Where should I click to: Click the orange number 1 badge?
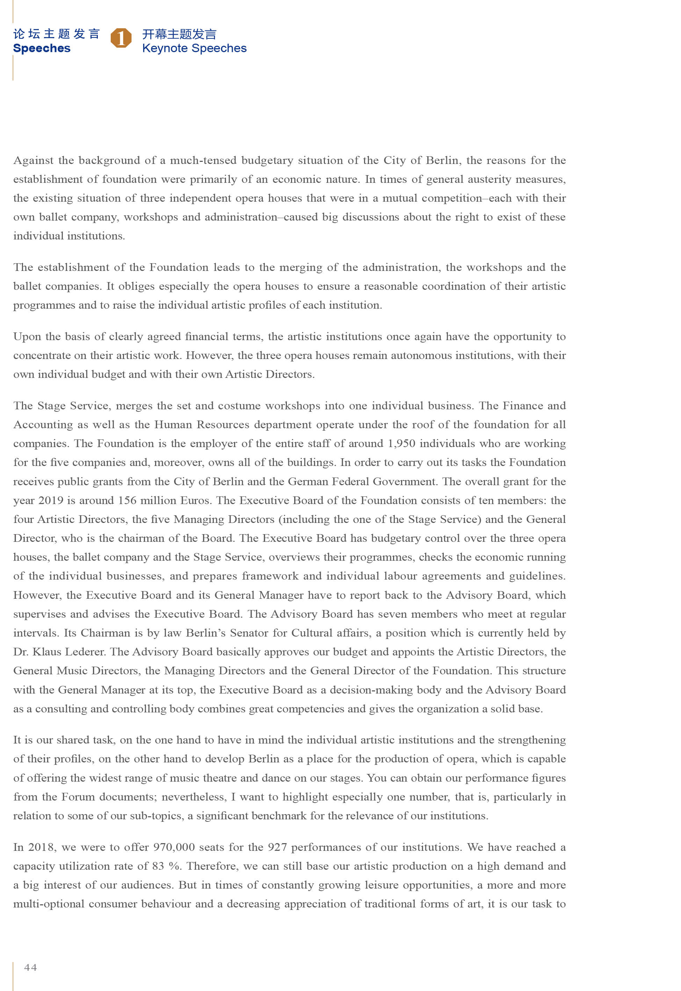pos(121,38)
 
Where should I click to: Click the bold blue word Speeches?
pos(42,48)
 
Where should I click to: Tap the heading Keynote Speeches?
pos(194,48)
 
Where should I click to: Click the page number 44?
pos(31,967)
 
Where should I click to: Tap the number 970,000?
pos(174,847)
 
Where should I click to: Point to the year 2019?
pos(51,500)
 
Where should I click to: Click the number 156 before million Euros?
pos(127,500)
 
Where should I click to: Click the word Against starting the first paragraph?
pos(33,160)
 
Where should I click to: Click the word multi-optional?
pos(49,904)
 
